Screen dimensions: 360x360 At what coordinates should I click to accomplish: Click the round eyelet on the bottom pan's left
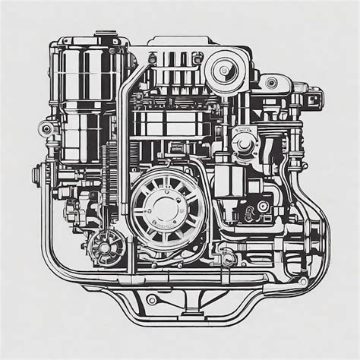[x=151, y=298]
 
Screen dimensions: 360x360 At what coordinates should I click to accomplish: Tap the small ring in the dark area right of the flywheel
[x=263, y=206]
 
